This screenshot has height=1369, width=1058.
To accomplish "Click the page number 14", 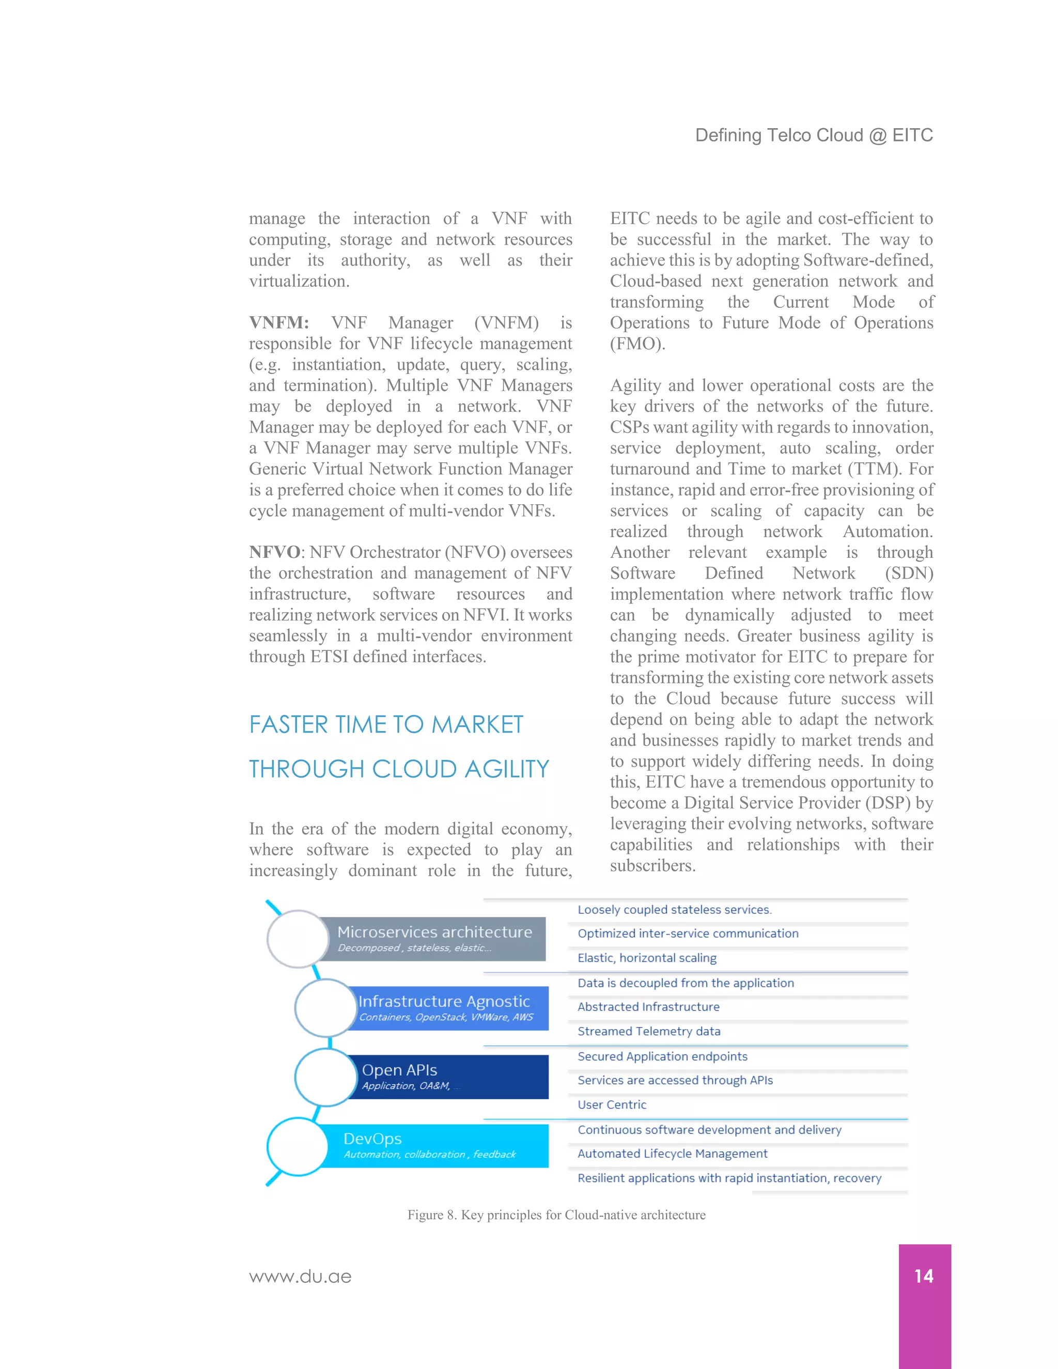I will (x=923, y=1275).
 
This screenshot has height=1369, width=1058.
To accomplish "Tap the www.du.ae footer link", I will (x=300, y=1277).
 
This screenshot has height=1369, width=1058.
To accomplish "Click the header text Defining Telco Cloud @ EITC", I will (x=814, y=135).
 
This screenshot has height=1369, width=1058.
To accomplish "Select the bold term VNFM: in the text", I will (x=279, y=323).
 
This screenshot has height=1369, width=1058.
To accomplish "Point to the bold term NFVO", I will (x=274, y=552).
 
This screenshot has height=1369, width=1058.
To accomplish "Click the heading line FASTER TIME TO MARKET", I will (x=386, y=725).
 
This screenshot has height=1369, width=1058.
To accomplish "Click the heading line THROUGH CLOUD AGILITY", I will (x=399, y=769).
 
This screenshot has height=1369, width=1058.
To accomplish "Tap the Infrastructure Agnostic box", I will (x=446, y=1007).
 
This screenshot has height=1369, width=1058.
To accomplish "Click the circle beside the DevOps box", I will (x=297, y=1146).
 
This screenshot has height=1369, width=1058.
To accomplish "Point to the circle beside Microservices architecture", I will (x=298, y=938).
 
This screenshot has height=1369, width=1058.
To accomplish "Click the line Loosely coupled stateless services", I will (x=674, y=910).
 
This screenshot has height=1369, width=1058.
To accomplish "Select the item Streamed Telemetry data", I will (x=649, y=1031).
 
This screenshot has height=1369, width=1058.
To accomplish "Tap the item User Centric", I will (x=612, y=1104).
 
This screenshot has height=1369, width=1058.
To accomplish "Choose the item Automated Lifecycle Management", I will (x=672, y=1154).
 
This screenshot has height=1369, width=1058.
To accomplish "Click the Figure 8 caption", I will (x=556, y=1215).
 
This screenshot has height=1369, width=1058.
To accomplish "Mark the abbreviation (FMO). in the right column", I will (x=637, y=344).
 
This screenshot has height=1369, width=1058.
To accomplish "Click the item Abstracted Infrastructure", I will (x=648, y=1007).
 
